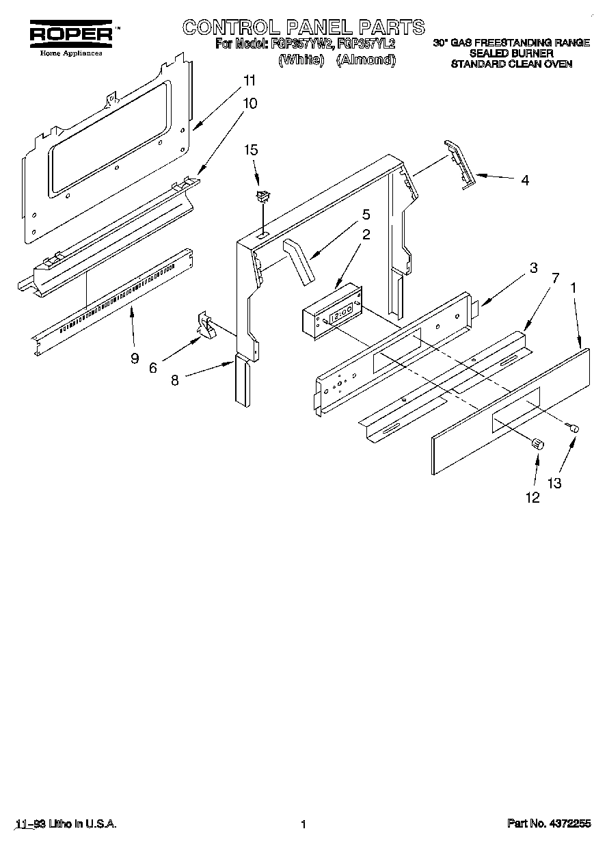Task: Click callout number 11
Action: [250, 81]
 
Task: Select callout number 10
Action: [250, 103]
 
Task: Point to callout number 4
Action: [524, 181]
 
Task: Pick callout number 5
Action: [366, 214]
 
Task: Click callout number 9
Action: [135, 357]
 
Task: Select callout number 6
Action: [152, 367]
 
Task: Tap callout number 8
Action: [175, 380]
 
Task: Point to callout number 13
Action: [554, 482]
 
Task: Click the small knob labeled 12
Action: [537, 444]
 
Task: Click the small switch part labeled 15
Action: [261, 198]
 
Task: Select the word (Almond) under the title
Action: [366, 60]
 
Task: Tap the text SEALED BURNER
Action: [511, 53]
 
